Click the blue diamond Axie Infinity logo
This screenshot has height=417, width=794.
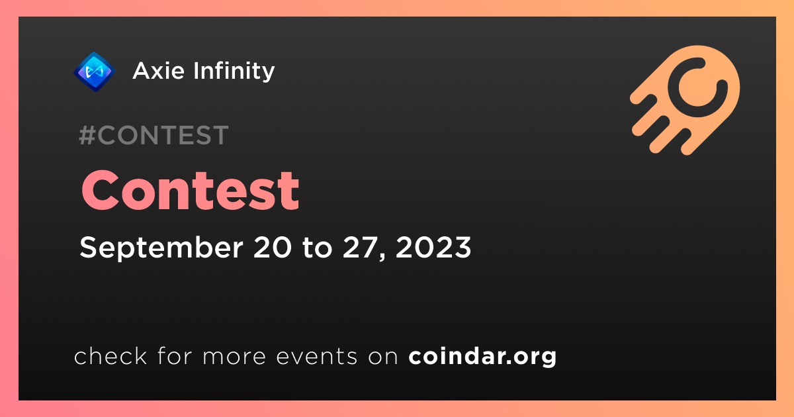(94, 71)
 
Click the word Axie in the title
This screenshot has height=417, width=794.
(158, 71)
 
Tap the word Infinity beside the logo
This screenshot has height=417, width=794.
(234, 71)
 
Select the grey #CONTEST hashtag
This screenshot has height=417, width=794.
(154, 135)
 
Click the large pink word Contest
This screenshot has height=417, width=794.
(191, 190)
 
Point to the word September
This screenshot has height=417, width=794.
(161, 248)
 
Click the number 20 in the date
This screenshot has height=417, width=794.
(273, 247)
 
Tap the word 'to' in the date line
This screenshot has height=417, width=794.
(317, 248)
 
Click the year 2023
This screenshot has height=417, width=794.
(433, 247)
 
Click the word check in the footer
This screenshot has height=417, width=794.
(110, 355)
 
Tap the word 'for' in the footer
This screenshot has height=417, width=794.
(175, 355)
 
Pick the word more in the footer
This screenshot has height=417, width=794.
(234, 357)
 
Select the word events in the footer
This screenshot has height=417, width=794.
(316, 357)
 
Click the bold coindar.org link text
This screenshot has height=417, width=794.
(482, 357)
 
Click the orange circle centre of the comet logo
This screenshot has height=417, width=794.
(695, 87)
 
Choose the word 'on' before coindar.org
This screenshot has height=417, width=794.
(383, 357)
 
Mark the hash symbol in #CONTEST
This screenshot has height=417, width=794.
(87, 135)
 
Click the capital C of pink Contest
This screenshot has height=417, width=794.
(100, 190)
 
